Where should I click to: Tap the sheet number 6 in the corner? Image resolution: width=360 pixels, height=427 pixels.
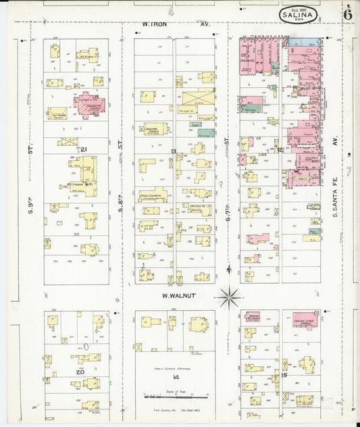click(x=346, y=14)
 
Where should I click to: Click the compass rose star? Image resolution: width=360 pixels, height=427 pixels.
click(x=230, y=295)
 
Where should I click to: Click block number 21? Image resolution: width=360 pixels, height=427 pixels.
click(x=83, y=149)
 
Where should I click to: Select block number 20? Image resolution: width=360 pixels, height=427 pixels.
click(x=80, y=372)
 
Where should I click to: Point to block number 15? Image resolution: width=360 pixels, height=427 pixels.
click(x=284, y=375)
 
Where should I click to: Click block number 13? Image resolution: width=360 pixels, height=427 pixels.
click(x=174, y=151)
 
